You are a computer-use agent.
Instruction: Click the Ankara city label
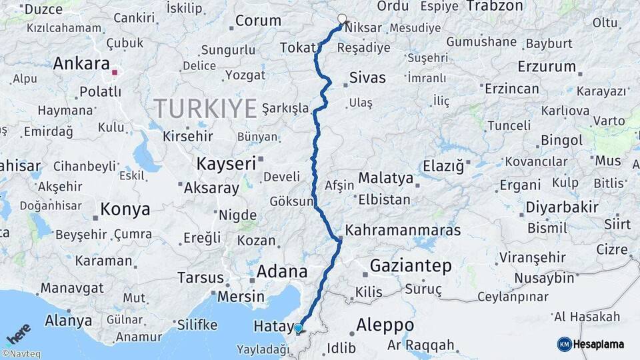click(81, 64)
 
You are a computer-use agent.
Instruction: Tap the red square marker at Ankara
click(115, 73)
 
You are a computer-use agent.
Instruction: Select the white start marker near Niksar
click(342, 19)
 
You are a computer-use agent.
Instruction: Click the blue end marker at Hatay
click(299, 328)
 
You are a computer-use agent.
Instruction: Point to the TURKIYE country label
click(205, 108)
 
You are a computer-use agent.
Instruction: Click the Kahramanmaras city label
click(402, 231)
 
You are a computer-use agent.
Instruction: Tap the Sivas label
click(367, 78)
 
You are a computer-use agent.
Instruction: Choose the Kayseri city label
click(226, 163)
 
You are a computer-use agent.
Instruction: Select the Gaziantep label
click(411, 266)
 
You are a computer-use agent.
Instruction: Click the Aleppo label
click(385, 325)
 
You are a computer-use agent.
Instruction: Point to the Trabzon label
click(495, 6)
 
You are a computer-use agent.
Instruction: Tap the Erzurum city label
click(547, 67)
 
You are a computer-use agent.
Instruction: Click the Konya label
click(125, 210)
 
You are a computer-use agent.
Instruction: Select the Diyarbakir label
click(562, 207)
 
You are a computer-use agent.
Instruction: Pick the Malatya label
click(385, 178)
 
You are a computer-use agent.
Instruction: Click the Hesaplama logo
click(591, 344)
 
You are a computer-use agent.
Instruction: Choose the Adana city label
click(282, 272)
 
